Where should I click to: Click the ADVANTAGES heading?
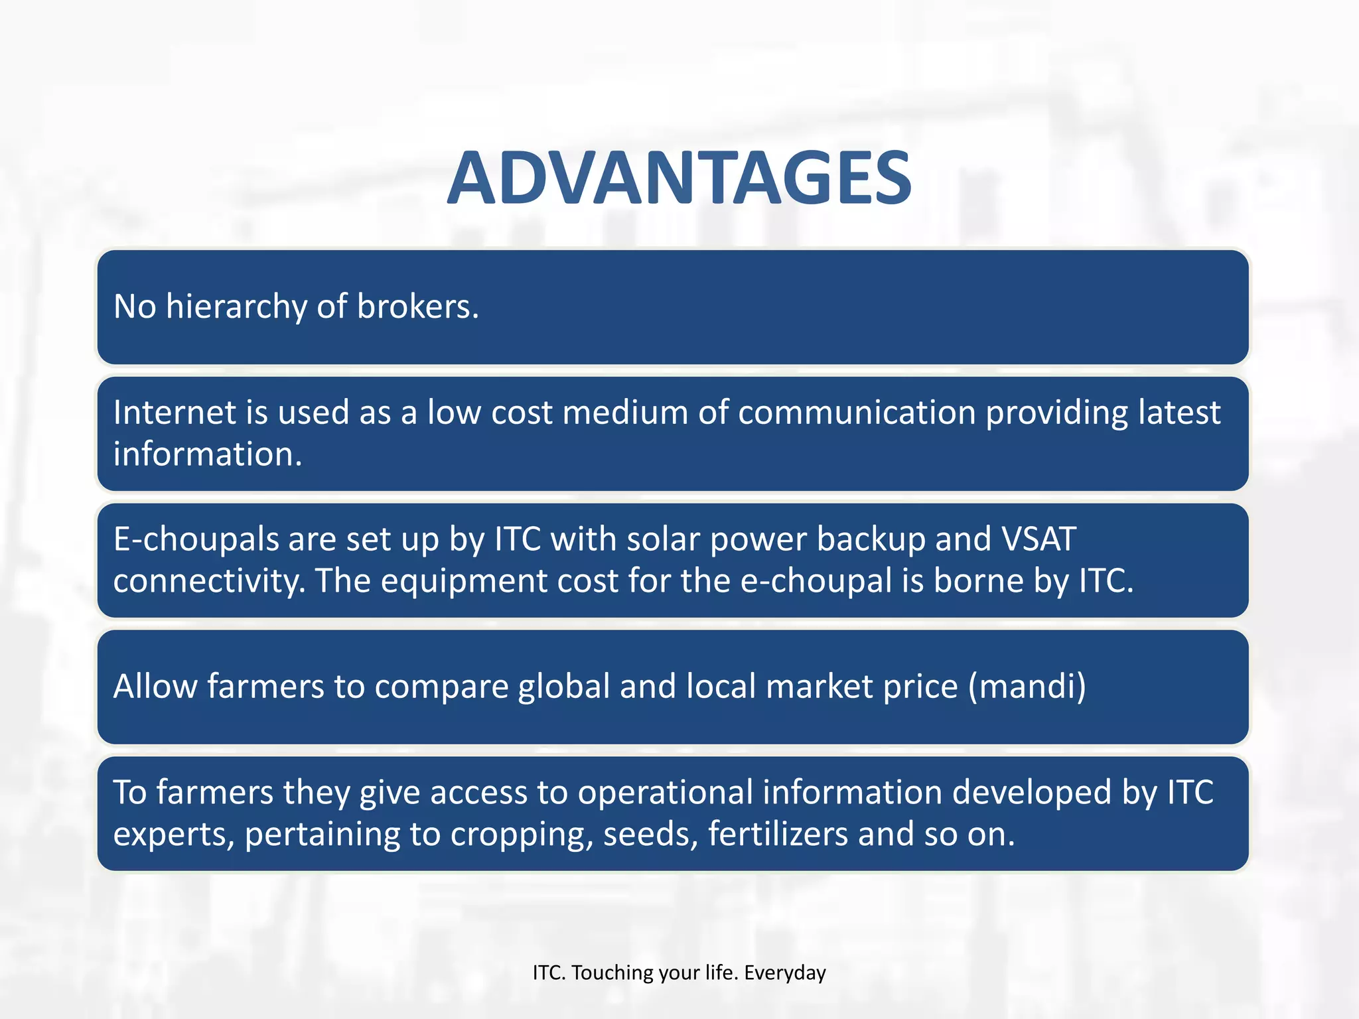coord(679,178)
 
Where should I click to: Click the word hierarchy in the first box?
coord(236,307)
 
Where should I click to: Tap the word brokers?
coord(417,307)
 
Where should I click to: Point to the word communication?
coord(857,413)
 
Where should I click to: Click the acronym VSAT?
coord(1038,539)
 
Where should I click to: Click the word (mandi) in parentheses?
coord(1027,687)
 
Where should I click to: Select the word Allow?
coord(155,686)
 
